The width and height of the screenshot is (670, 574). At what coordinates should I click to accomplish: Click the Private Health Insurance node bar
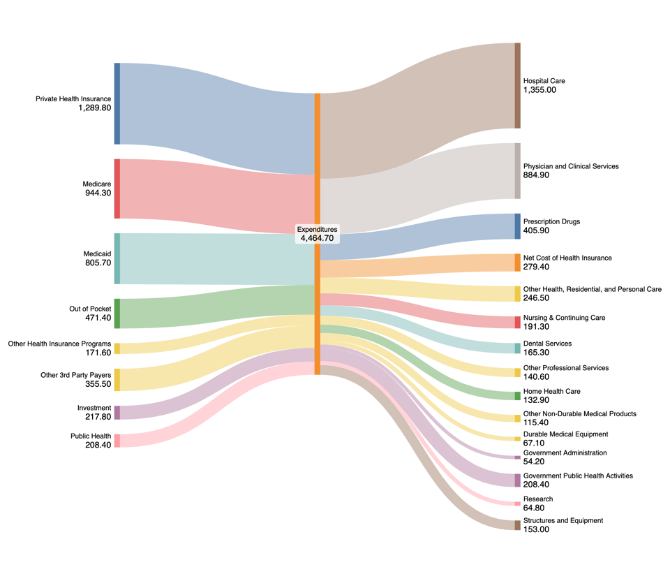[x=117, y=103]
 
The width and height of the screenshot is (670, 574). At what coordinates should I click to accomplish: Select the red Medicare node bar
[x=117, y=189]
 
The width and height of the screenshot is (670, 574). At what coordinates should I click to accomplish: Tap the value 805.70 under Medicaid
[x=97, y=263]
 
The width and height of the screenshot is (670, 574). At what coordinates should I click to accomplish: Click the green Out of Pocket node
[x=117, y=314]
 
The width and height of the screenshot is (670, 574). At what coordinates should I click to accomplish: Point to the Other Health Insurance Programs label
[x=59, y=344]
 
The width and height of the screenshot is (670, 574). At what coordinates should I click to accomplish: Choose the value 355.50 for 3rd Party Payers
[x=97, y=384]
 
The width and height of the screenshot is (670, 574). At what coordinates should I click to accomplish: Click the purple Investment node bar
[x=117, y=413]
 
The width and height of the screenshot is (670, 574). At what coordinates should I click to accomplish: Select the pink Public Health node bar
[x=117, y=441]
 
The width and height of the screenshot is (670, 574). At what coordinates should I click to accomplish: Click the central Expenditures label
[x=317, y=229]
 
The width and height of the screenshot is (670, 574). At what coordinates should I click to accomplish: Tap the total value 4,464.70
[x=317, y=238]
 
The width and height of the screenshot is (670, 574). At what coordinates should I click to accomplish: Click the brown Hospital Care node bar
[x=517, y=86]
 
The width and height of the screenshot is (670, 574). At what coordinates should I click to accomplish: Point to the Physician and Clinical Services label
[x=571, y=167]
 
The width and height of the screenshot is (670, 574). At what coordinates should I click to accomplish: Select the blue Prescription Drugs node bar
[x=517, y=226]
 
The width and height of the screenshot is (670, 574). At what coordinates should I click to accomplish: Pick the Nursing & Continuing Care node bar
[x=517, y=322]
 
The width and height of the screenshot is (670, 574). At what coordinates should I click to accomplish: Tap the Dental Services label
[x=547, y=344]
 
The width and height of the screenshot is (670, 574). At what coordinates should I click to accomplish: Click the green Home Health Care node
[x=517, y=396]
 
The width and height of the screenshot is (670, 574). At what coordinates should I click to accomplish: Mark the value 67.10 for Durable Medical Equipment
[x=535, y=443]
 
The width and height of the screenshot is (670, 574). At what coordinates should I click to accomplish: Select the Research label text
[x=537, y=499]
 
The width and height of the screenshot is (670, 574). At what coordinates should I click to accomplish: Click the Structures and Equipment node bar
[x=517, y=525]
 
